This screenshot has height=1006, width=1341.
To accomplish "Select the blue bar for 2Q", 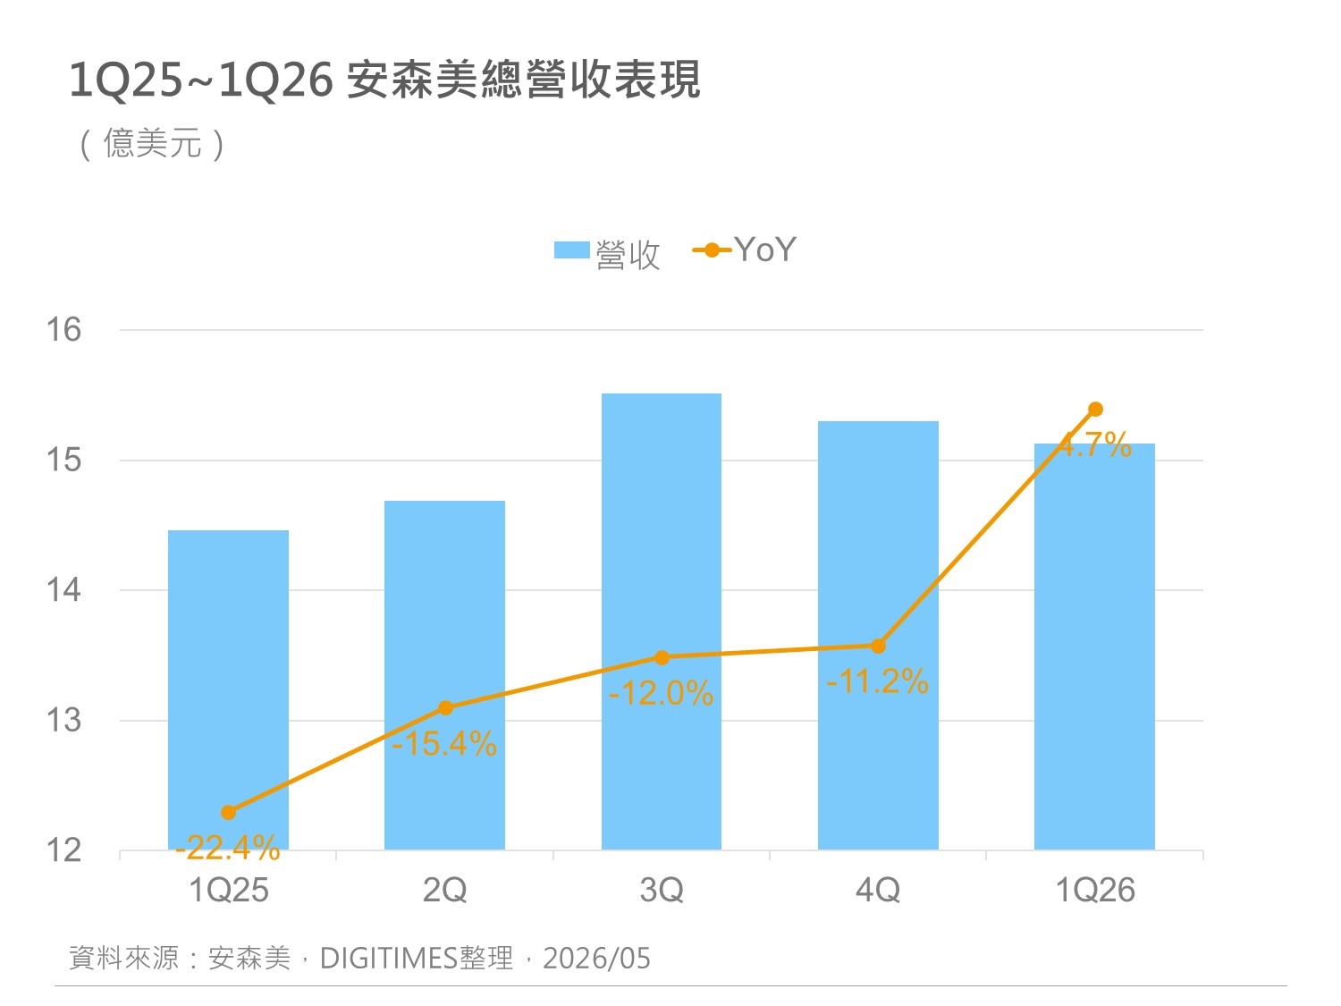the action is click(x=444, y=674).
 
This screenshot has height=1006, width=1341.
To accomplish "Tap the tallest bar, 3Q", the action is click(x=661, y=621).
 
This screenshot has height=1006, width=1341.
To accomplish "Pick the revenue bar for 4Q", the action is click(x=878, y=635).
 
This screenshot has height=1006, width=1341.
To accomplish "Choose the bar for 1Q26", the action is click(x=1094, y=646).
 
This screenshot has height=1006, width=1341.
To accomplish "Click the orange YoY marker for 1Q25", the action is click(x=228, y=812).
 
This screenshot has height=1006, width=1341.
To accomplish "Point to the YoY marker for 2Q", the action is click(x=445, y=707).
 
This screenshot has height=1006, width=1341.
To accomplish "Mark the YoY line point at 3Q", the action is click(x=662, y=657).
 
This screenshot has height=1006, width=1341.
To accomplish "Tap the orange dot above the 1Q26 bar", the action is click(x=1095, y=409).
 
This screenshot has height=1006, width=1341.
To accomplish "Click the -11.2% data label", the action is click(x=877, y=681).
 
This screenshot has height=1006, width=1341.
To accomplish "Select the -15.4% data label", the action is click(x=444, y=743).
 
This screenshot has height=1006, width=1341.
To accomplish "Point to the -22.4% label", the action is click(x=227, y=847).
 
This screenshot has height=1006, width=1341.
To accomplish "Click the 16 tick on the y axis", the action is click(x=63, y=330).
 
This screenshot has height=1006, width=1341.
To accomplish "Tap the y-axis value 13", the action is click(x=63, y=720).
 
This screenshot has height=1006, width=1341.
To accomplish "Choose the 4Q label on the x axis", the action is click(x=878, y=890).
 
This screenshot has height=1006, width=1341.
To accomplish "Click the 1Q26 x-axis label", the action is click(x=1095, y=890).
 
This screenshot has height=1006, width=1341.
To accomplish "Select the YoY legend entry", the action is click(x=744, y=249).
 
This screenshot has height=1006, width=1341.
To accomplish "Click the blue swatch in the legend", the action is click(x=572, y=249).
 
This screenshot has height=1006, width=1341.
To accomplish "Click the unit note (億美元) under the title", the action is click(x=152, y=144).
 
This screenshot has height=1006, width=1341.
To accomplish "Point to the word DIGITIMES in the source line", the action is click(x=389, y=958).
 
